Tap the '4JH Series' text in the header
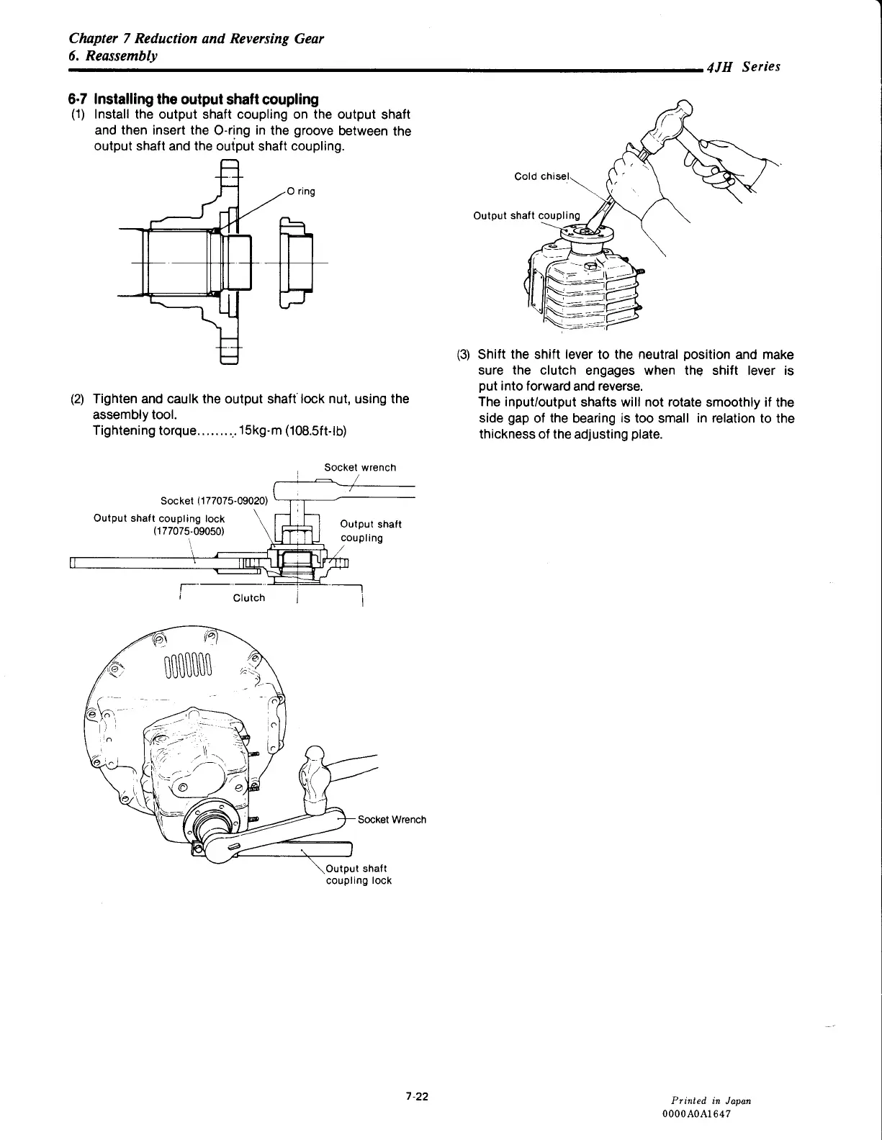743,67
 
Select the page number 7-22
416,1096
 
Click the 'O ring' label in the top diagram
301,191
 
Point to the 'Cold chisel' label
542,176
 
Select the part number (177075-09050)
189,532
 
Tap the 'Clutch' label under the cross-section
249,598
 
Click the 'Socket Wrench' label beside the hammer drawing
392,820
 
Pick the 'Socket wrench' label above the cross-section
360,468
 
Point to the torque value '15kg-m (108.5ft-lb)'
293,431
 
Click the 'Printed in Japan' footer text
711,1100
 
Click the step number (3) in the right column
463,355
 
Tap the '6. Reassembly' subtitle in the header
113,55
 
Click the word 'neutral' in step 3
652,355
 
